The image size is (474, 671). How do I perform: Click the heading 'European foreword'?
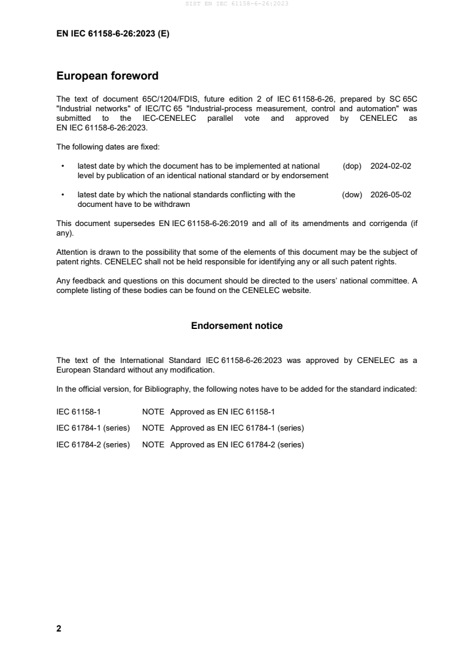point(107,76)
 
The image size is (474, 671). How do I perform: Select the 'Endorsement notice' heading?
point(237,326)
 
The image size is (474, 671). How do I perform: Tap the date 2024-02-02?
point(391,166)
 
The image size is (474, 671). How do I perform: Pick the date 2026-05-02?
point(391,194)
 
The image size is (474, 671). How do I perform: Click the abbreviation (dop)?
point(352,166)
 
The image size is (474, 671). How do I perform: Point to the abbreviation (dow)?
point(352,194)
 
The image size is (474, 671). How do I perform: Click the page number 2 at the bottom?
point(59,629)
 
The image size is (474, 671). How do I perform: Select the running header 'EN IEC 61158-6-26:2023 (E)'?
point(112,34)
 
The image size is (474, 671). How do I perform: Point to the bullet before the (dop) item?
point(62,166)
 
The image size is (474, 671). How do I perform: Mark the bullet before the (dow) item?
point(62,194)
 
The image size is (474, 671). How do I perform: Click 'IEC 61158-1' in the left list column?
point(78,411)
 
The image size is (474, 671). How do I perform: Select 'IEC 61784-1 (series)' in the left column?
point(93,428)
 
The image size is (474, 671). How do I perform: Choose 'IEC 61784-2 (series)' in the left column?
point(93,445)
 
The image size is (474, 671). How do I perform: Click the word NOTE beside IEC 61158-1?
point(153,411)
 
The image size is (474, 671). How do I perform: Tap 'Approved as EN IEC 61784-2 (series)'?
point(237,445)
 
